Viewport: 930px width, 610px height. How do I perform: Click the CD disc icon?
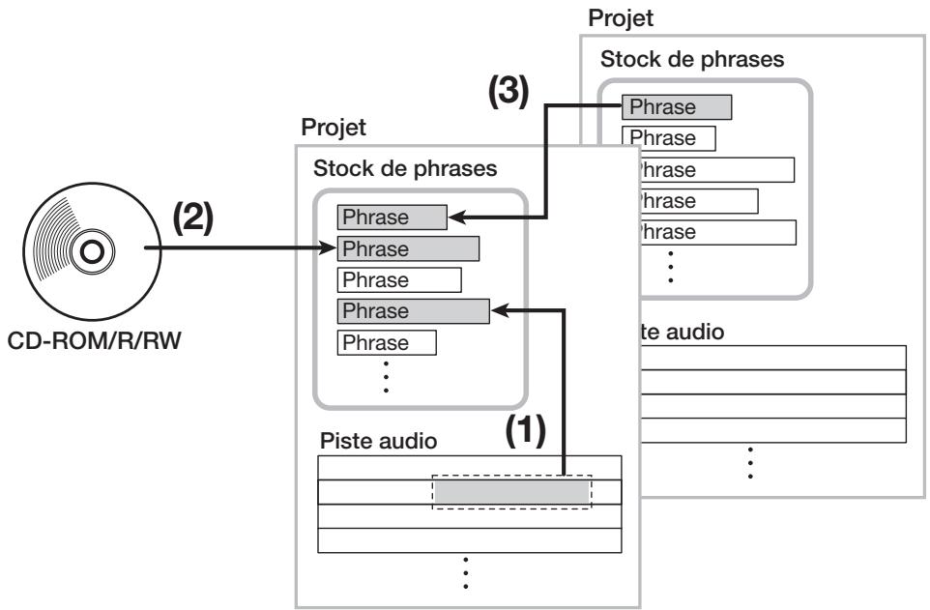pyautogui.click(x=92, y=251)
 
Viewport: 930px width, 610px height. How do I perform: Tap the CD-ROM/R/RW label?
pyautogui.click(x=95, y=341)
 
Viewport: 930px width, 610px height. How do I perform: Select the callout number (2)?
pyautogui.click(x=192, y=218)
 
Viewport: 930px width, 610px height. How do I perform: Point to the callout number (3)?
pyautogui.click(x=509, y=92)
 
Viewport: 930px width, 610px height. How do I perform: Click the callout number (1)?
pyautogui.click(x=526, y=430)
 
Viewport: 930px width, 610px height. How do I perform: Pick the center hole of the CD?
pyautogui.click(x=92, y=251)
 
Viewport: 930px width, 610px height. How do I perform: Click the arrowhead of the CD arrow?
pyautogui.click(x=328, y=248)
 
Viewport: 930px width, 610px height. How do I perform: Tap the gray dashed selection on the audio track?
pyautogui.click(x=511, y=492)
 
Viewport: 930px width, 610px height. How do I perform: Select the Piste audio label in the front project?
pyautogui.click(x=378, y=441)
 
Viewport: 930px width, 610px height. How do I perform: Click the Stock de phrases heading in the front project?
pyautogui.click(x=405, y=168)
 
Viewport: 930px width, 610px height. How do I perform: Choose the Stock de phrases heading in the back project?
pyautogui.click(x=692, y=59)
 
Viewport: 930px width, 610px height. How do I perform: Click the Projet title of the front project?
pyautogui.click(x=334, y=128)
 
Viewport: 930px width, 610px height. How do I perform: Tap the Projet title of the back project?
pyautogui.click(x=621, y=18)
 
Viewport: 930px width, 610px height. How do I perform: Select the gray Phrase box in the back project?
pyautogui.click(x=677, y=107)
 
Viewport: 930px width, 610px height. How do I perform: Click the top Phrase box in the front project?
pyautogui.click(x=392, y=218)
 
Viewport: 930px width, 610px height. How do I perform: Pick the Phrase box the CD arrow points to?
pyautogui.click(x=408, y=248)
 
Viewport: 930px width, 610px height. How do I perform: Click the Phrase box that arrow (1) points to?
pyautogui.click(x=414, y=311)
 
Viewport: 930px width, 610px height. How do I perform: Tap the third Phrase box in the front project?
pyautogui.click(x=399, y=280)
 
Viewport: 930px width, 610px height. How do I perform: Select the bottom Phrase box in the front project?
pyautogui.click(x=387, y=343)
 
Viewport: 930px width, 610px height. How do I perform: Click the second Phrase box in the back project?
pyautogui.click(x=668, y=138)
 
